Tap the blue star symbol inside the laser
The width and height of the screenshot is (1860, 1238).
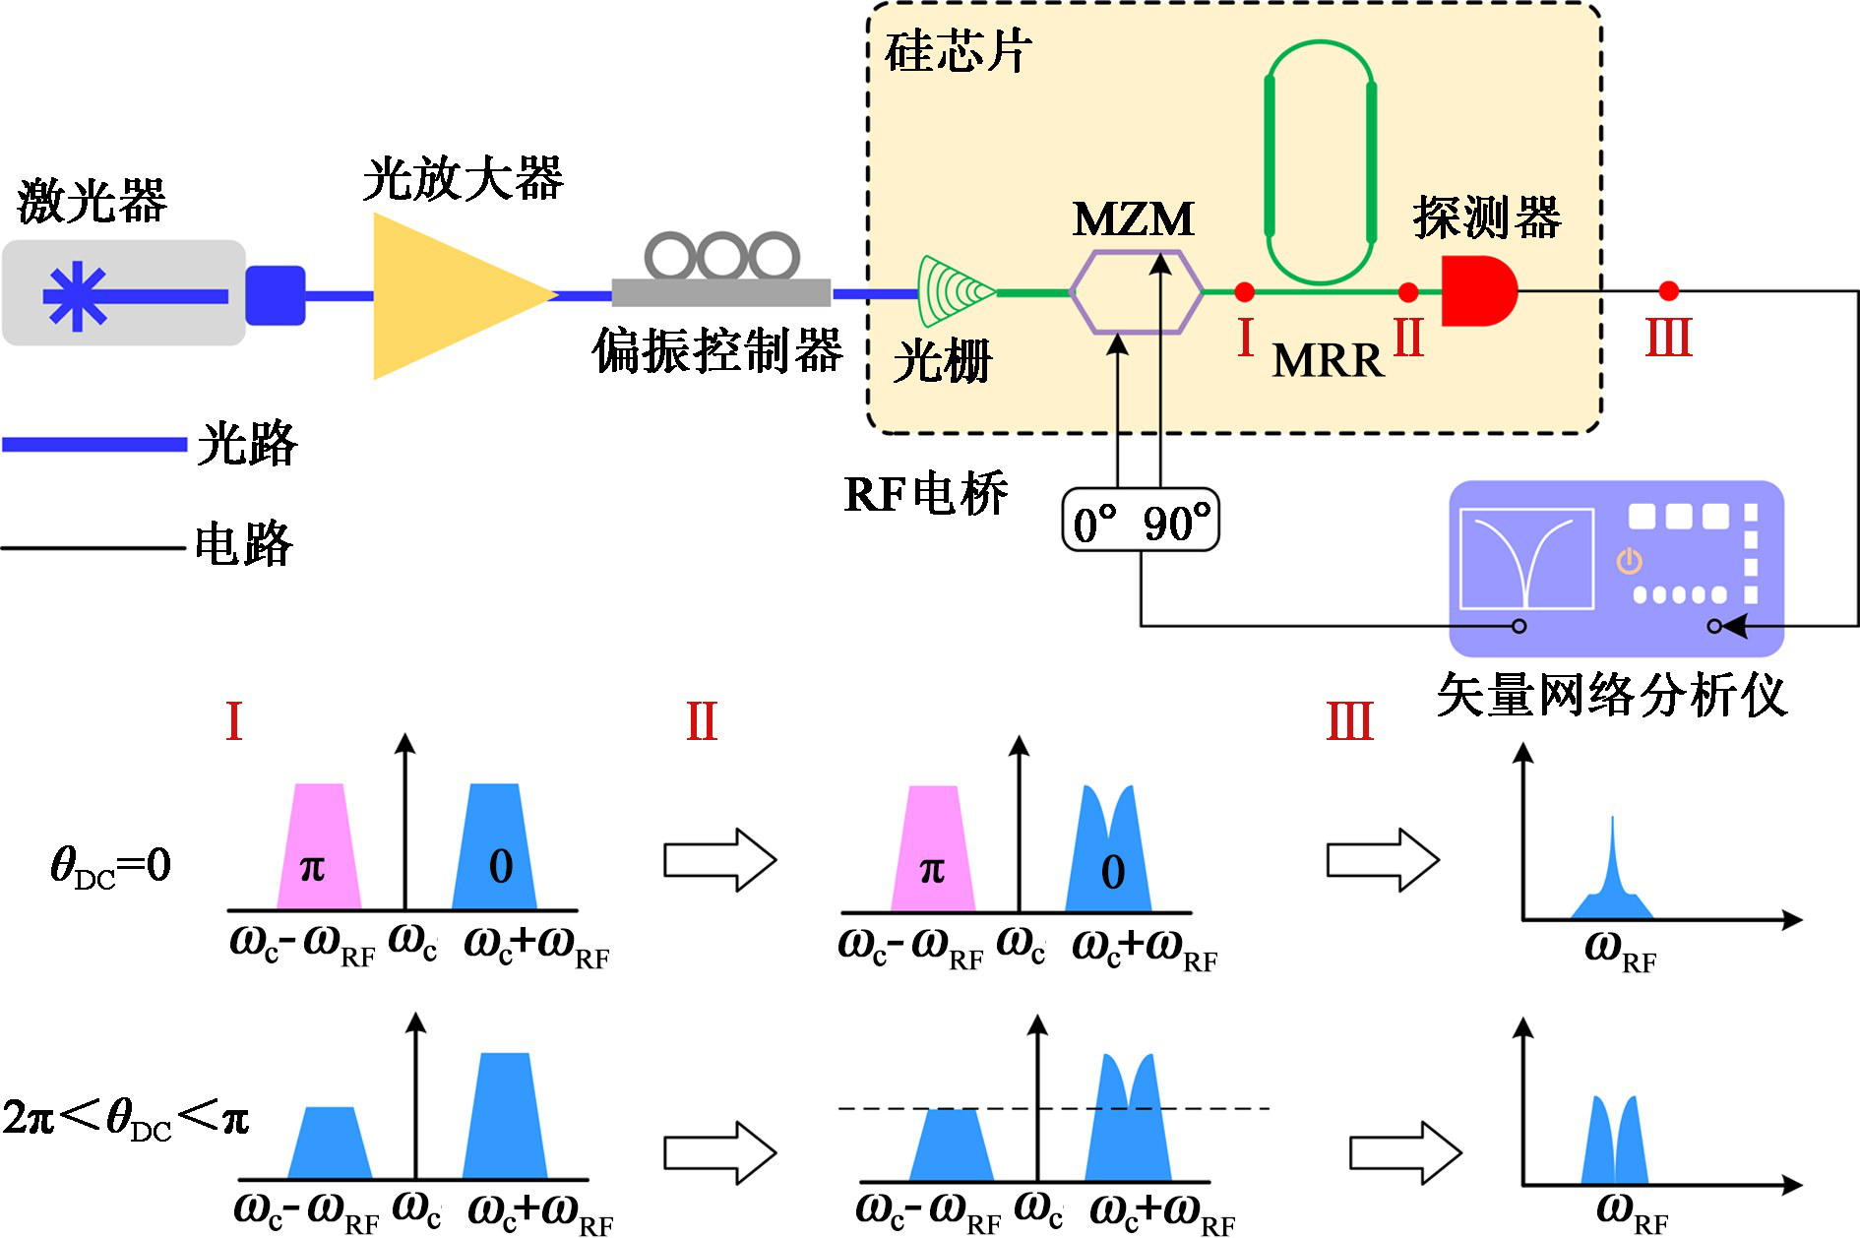[76, 295]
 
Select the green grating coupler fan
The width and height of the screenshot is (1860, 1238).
[950, 291]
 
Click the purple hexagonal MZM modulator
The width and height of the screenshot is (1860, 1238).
[1136, 292]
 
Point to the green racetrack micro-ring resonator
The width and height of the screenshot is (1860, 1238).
[1320, 162]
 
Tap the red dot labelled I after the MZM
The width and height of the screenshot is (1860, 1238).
[1244, 291]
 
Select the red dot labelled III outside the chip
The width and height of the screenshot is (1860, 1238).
[1668, 290]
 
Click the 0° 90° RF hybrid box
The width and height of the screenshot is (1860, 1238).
[1141, 521]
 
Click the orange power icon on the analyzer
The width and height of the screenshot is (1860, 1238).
[1629, 561]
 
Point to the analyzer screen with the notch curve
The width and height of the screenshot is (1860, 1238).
[1526, 559]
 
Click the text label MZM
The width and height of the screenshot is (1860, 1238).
[1134, 219]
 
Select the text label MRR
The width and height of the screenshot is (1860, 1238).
[1328, 361]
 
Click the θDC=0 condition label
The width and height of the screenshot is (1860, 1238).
[110, 866]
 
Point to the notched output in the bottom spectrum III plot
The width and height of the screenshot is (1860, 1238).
[1614, 1142]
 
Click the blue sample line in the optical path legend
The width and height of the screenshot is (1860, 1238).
[94, 445]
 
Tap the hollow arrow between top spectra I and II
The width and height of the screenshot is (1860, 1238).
[719, 860]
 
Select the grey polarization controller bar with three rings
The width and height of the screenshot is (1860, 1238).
[721, 291]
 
